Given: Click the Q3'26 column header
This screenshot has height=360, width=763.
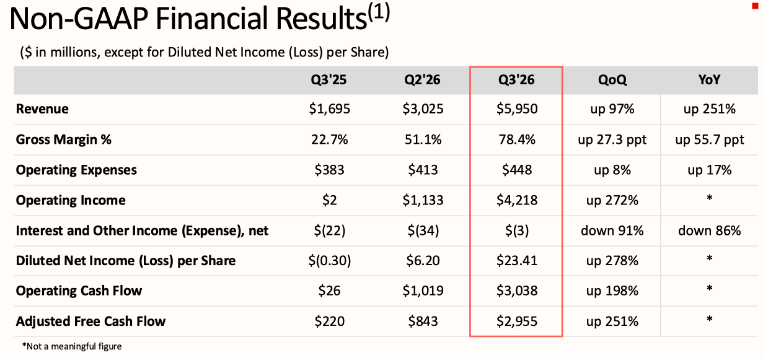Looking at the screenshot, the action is (516, 80).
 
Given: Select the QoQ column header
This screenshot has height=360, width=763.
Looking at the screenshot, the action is (612, 80).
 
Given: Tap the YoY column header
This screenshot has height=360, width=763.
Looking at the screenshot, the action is (709, 80).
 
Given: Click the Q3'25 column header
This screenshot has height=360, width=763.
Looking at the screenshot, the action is (329, 80).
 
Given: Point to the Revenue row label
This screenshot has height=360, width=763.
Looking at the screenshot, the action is (42, 109).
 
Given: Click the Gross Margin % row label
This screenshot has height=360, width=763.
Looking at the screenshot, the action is (64, 139).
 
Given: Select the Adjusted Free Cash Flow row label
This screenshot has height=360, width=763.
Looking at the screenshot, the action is (90, 321).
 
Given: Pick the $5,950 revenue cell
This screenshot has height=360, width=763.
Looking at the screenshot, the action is (517, 109).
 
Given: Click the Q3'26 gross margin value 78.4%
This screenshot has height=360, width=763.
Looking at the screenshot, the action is (517, 139).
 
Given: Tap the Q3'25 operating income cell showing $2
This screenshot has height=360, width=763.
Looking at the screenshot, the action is (329, 200).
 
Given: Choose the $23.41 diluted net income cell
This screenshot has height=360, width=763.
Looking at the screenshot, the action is (517, 261).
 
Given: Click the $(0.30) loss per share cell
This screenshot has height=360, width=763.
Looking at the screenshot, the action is (329, 261).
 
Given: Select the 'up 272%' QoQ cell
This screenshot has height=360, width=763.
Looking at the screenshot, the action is (612, 200).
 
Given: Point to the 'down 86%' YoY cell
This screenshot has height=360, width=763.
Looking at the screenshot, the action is (709, 231).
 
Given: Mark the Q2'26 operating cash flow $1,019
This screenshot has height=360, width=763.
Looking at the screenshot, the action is (423, 291).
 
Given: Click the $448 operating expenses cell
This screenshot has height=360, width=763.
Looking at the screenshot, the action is (517, 170).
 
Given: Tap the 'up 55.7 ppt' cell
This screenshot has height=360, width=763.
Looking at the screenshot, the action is (710, 140).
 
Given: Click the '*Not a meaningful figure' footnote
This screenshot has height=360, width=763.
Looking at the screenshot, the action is (71, 346).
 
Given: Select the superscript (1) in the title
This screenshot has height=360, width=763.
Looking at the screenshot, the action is (379, 12).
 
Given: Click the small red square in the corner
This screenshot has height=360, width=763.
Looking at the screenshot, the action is (755, 6).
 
